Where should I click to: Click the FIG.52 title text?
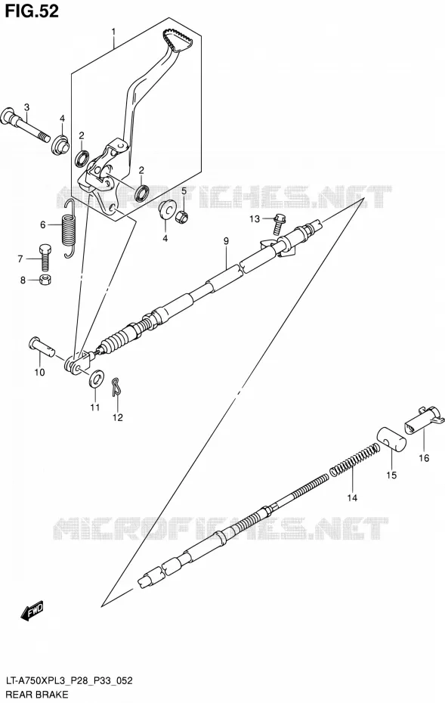32,11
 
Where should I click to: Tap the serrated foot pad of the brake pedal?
180,39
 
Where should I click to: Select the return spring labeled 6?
69,230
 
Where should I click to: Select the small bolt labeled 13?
278,225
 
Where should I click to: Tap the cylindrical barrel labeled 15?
391,439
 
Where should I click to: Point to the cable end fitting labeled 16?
424,420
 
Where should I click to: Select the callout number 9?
227,242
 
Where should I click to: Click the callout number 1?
114,32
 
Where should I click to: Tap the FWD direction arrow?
32,610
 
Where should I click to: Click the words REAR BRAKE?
37,695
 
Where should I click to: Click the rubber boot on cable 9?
113,342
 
